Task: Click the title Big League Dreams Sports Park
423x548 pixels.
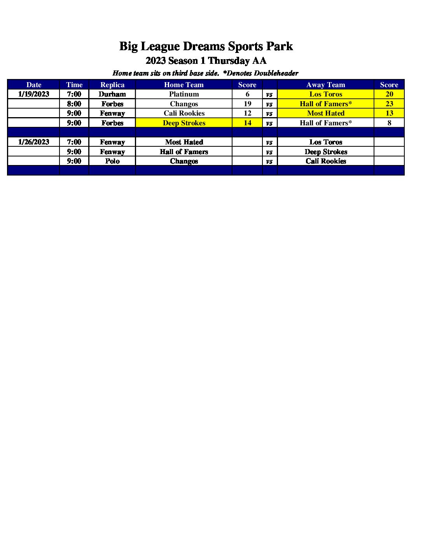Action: click(206, 46)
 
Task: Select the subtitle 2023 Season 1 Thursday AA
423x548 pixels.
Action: click(206, 61)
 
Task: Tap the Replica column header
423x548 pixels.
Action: click(112, 85)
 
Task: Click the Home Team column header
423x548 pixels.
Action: click(184, 85)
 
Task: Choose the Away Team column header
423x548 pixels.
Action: click(325, 85)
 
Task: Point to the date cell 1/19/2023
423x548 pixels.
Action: click(33, 94)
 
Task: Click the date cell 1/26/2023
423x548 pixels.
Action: click(33, 142)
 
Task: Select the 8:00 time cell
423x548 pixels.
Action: click(74, 104)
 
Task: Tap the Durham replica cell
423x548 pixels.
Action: click(112, 94)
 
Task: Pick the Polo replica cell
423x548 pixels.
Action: click(112, 161)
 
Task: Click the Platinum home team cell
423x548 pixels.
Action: click(184, 94)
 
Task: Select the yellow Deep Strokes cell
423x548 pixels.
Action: click(184, 123)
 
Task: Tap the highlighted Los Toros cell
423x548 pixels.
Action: click(325, 94)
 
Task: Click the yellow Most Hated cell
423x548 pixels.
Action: click(325, 113)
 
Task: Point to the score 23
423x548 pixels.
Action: click(389, 104)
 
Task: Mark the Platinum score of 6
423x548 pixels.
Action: click(247, 94)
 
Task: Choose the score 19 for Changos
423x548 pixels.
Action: click(247, 104)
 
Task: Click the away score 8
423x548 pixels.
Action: click(389, 123)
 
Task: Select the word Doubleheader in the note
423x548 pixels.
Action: click(276, 73)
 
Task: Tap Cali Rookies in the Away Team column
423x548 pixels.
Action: click(325, 161)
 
